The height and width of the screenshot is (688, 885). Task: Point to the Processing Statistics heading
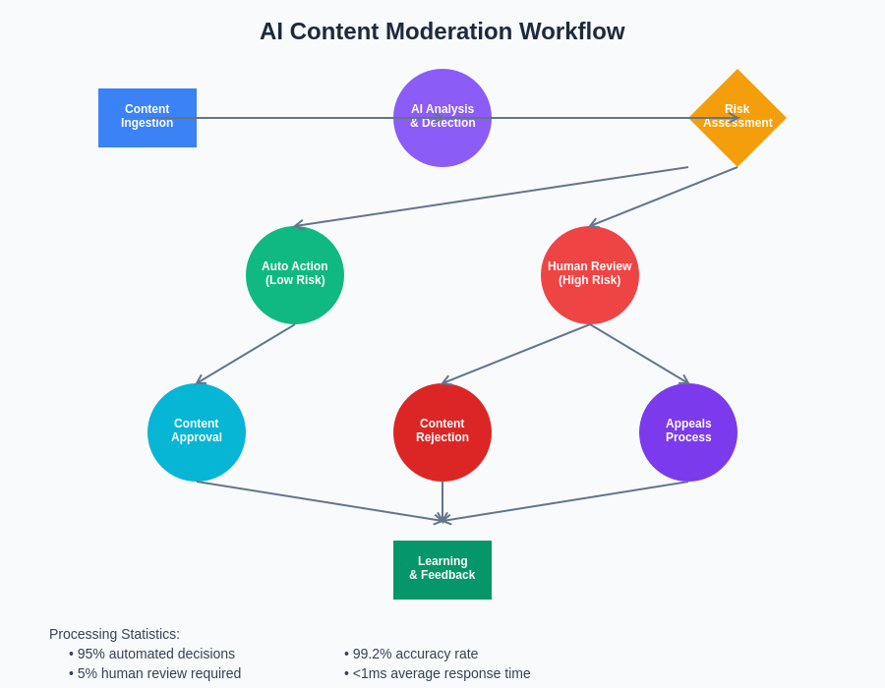click(x=114, y=634)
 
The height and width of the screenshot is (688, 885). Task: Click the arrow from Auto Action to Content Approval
click(x=246, y=354)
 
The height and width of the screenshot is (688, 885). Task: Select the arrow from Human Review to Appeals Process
click(x=639, y=354)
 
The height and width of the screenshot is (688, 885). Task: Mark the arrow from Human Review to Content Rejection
click(x=516, y=354)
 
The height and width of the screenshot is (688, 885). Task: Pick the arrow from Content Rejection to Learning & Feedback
click(x=442, y=501)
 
